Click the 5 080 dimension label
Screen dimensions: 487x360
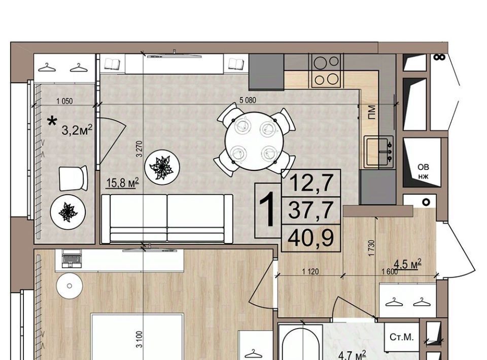(x=248, y=100)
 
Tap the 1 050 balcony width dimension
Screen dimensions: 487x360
(x=64, y=101)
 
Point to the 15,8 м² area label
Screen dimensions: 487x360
(x=122, y=183)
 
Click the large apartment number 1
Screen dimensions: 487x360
(x=267, y=210)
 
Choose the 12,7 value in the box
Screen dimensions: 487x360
(x=311, y=183)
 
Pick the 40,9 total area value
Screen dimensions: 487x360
(x=311, y=238)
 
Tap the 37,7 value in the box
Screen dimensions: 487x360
(x=311, y=210)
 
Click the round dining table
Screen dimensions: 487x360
(x=254, y=141)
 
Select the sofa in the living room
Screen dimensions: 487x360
(x=167, y=219)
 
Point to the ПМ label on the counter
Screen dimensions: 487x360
(x=371, y=112)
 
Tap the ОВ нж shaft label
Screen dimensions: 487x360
(x=423, y=172)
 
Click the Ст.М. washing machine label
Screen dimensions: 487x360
(x=401, y=337)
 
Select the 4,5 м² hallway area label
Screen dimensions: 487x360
(x=407, y=264)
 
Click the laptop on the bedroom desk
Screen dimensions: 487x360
(x=72, y=258)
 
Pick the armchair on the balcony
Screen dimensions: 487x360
(x=73, y=178)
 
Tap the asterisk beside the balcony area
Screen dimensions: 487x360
(x=52, y=121)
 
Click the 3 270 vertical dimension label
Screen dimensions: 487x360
(x=140, y=149)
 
